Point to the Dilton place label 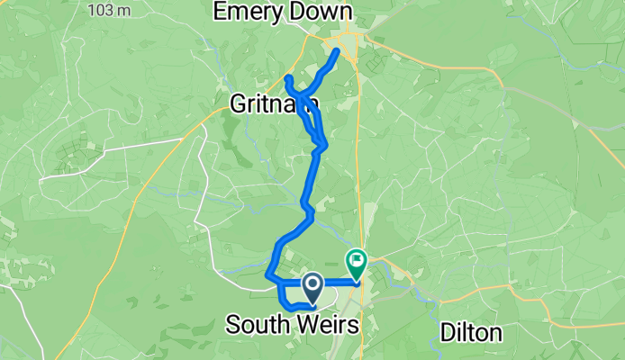pyautogui.click(x=471, y=332)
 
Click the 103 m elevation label pyautogui.click(x=109, y=10)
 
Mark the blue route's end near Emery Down pyautogui.click(x=338, y=50)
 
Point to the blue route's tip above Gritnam pyautogui.click(x=287, y=79)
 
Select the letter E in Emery pyautogui.click(x=219, y=12)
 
